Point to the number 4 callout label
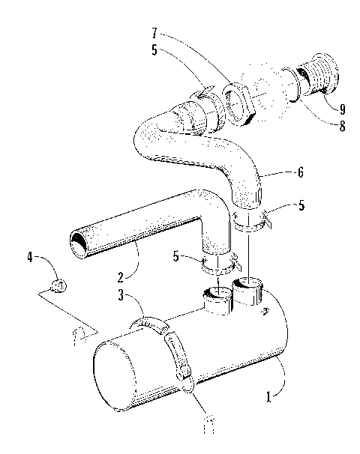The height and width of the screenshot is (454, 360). (x=31, y=258)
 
